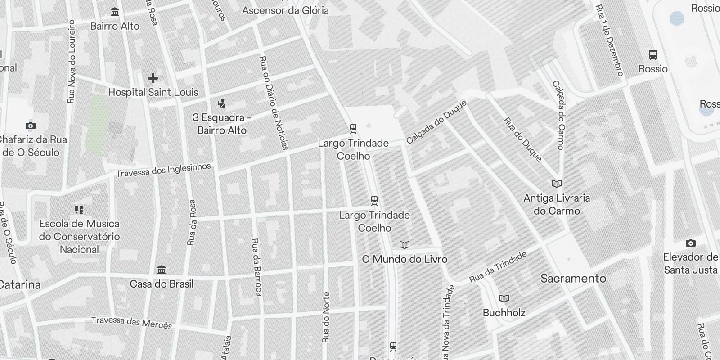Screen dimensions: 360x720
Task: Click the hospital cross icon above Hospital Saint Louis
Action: (x=153, y=78)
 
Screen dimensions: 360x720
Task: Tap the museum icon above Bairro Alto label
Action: (x=115, y=12)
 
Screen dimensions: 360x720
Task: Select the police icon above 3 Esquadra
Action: (x=221, y=103)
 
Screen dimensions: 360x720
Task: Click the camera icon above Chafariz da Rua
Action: (x=30, y=126)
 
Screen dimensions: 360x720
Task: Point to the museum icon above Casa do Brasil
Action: (x=162, y=270)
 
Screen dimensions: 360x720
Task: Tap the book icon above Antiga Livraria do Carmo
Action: (x=557, y=184)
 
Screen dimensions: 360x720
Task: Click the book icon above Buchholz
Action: (x=504, y=298)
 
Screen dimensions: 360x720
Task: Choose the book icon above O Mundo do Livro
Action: (x=405, y=245)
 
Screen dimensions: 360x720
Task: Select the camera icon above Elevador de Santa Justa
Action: (x=690, y=243)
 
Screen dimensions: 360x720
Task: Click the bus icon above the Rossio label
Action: (x=653, y=55)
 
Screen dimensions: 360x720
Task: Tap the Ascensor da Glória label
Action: (x=285, y=10)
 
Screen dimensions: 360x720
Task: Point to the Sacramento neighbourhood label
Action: (x=573, y=278)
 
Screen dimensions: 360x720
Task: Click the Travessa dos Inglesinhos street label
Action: (x=163, y=170)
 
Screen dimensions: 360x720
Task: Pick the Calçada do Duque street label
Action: (x=436, y=122)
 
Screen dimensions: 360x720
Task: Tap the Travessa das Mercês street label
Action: (x=132, y=322)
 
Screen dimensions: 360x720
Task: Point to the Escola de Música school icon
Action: (x=79, y=209)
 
